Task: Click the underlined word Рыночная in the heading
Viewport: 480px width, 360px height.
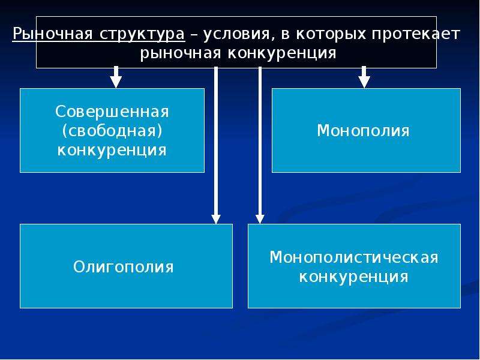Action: tap(52, 34)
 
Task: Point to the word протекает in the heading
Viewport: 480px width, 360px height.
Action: tap(416, 34)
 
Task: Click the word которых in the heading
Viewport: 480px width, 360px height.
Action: tap(331, 34)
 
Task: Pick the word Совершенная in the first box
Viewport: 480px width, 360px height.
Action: tap(112, 112)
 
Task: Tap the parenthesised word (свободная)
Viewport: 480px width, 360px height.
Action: tap(112, 131)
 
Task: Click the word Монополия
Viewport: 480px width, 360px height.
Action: tap(364, 131)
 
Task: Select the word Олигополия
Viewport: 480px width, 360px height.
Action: tap(124, 266)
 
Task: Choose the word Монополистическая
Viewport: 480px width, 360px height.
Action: tap(354, 257)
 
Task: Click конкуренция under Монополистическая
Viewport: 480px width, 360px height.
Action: tap(353, 277)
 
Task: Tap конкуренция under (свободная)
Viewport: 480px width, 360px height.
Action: tap(112, 151)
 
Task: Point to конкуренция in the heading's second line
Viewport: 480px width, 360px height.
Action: tap(282, 53)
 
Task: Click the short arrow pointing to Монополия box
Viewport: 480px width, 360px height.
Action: tap(364, 77)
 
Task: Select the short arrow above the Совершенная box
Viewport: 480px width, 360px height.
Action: tap(116, 77)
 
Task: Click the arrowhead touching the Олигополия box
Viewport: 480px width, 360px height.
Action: tap(216, 219)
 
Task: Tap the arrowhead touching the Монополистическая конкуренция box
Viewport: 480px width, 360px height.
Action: tap(260, 219)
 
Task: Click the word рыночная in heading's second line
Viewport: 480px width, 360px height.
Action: tap(181, 53)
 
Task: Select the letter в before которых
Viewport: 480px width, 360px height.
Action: tap(285, 35)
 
